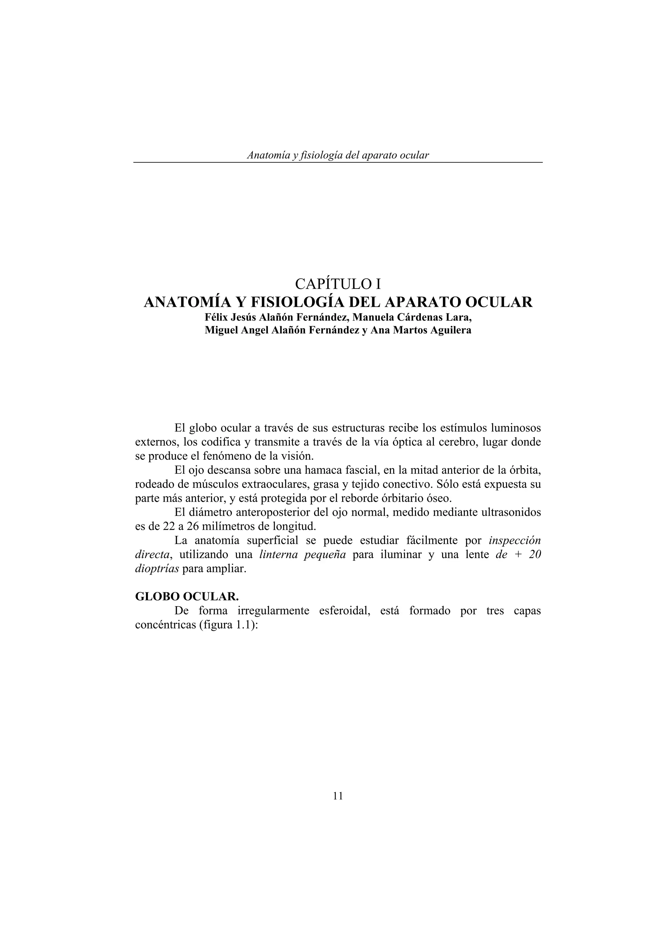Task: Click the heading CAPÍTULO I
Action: (338, 283)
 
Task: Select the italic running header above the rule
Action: (338, 155)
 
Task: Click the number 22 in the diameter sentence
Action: (163, 526)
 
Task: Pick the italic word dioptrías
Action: (157, 569)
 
